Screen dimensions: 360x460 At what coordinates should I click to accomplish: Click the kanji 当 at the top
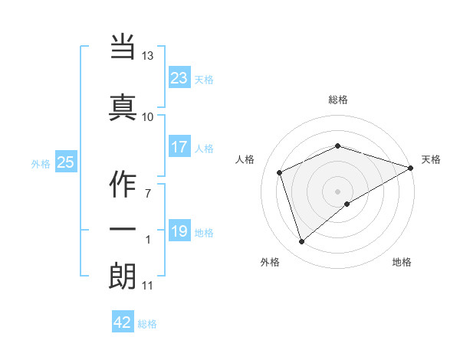click(x=123, y=45)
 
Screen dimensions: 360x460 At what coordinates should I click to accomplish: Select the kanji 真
click(x=123, y=104)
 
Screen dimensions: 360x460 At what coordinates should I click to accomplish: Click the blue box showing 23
click(x=179, y=78)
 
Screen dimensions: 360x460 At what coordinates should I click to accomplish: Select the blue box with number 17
click(x=179, y=148)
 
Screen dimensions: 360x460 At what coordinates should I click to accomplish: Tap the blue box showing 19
click(x=179, y=232)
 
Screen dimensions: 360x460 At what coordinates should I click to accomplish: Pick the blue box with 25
click(x=65, y=162)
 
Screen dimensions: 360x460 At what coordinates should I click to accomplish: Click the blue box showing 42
click(x=123, y=322)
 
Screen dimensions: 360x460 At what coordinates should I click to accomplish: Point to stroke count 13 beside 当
click(x=147, y=57)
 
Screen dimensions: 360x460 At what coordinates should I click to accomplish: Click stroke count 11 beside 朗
click(x=147, y=286)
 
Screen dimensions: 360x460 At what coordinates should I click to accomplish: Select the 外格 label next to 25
click(x=40, y=163)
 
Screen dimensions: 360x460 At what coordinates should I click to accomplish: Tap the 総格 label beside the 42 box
click(x=147, y=324)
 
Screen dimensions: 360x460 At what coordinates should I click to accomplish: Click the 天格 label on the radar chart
click(x=431, y=159)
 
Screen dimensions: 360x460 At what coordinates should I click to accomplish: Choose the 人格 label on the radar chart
click(x=245, y=159)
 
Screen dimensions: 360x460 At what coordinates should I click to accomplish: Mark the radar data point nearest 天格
click(x=412, y=168)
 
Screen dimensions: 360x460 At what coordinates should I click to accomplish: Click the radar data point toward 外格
click(x=301, y=242)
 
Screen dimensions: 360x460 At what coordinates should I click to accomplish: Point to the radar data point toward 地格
click(x=347, y=204)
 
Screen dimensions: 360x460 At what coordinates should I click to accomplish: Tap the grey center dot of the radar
click(x=337, y=191)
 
